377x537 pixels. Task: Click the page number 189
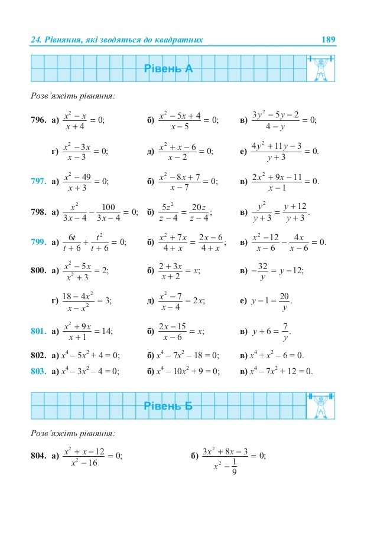328,40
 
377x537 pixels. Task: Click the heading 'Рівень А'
168,69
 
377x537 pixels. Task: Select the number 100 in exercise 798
108,207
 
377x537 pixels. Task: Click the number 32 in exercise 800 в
263,266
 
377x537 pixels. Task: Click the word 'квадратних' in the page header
178,40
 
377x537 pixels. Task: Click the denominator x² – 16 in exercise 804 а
83,463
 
